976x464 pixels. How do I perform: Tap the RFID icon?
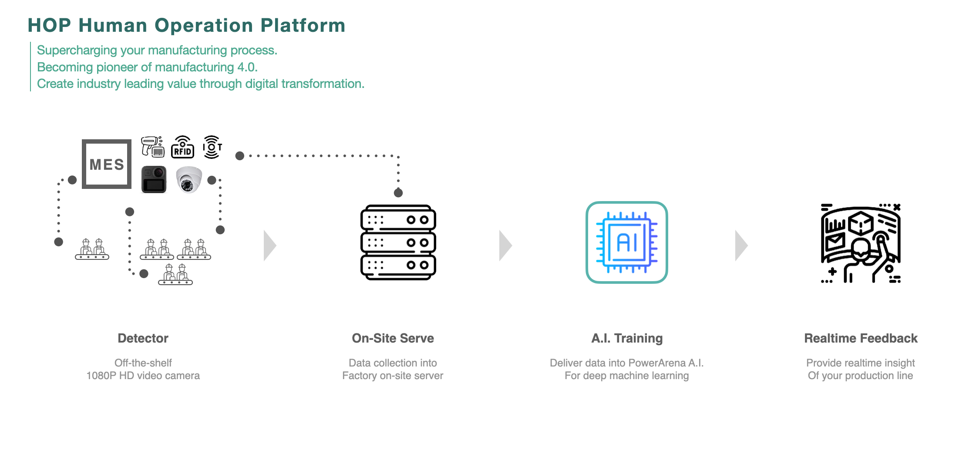click(183, 147)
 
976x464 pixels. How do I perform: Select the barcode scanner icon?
click(153, 147)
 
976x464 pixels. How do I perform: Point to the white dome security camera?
click(189, 179)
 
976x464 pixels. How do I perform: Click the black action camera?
click(154, 179)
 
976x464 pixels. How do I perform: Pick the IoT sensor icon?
click(212, 147)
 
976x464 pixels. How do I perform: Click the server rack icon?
click(398, 242)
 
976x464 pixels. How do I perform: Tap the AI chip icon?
click(627, 242)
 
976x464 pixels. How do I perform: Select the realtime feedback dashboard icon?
click(861, 243)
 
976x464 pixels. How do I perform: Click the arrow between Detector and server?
click(270, 245)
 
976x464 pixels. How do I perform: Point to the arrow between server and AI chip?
click(505, 245)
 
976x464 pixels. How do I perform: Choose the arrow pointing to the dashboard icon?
click(741, 245)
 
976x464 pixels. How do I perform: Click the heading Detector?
click(143, 338)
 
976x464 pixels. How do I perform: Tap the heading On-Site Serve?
click(393, 338)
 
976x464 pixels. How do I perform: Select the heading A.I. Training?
click(627, 338)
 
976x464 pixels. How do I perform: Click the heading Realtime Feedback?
click(861, 338)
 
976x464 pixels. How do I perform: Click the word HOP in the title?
click(49, 25)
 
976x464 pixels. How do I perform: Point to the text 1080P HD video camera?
click(143, 376)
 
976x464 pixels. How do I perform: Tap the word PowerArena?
click(657, 363)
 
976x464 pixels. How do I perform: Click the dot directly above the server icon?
click(398, 193)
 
